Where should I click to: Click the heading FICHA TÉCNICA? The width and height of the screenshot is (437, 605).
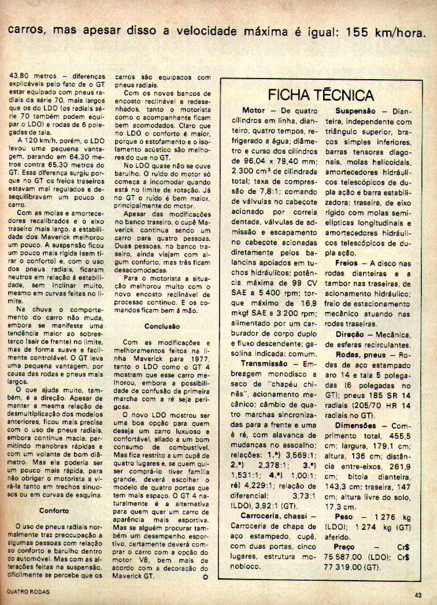click(321, 95)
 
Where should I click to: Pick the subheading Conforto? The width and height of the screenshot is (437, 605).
click(55, 511)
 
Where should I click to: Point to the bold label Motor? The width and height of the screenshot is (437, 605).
click(253, 110)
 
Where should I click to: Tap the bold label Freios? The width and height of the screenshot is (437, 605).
click(347, 262)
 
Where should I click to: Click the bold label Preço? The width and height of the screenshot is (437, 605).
click(345, 546)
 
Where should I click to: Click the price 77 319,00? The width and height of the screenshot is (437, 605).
click(345, 567)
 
